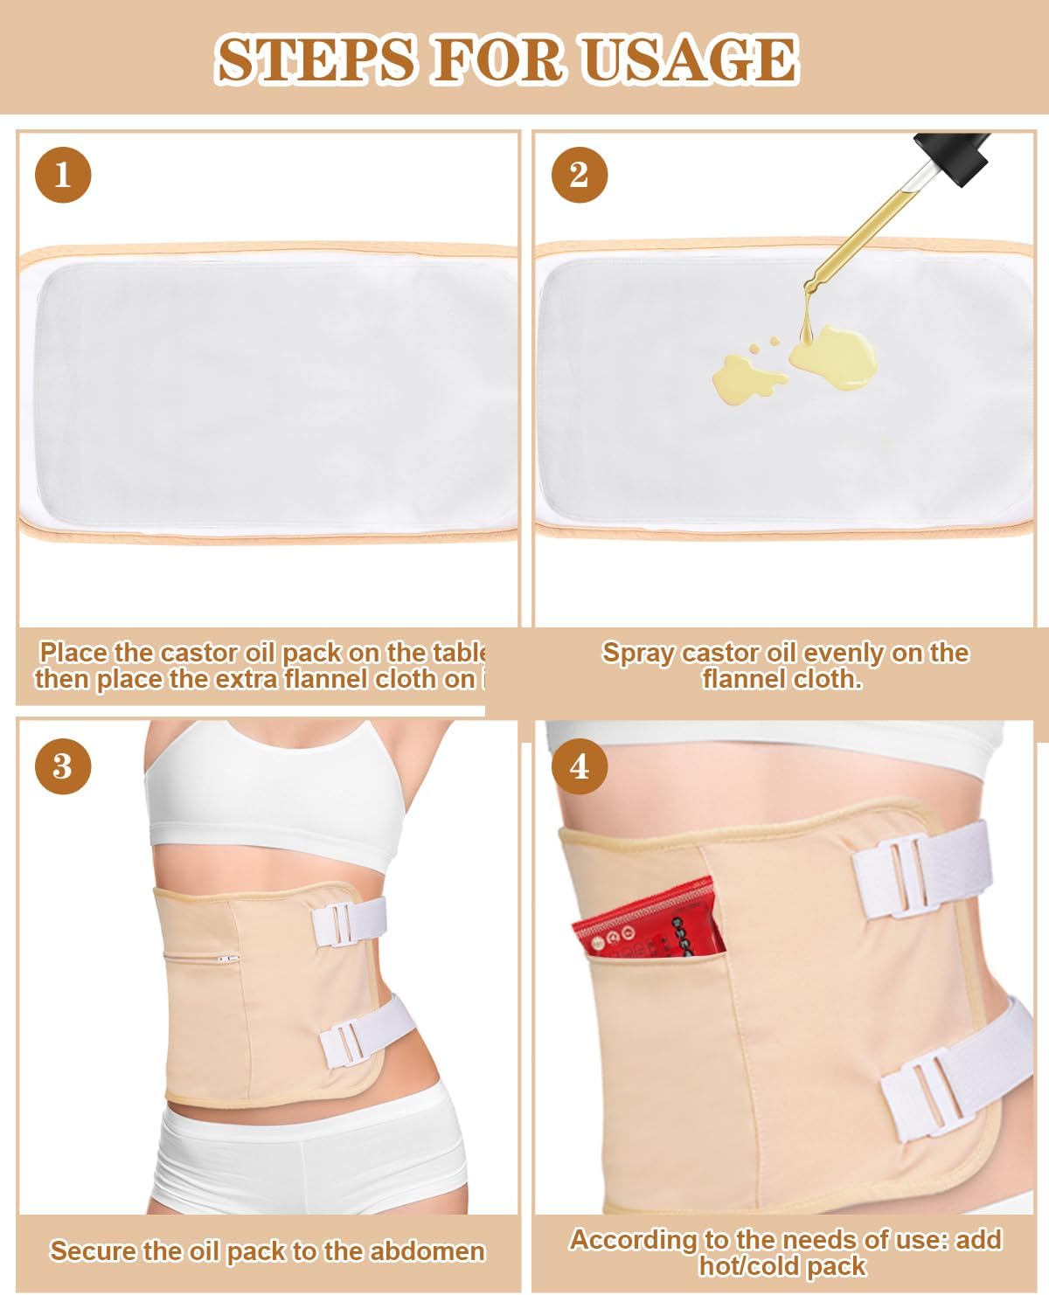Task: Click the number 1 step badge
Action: click(63, 175)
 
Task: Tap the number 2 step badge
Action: click(579, 175)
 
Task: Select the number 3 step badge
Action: click(63, 766)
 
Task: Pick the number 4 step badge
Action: click(579, 766)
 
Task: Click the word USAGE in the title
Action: click(691, 59)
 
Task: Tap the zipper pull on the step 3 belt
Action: click(229, 959)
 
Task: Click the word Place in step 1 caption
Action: click(73, 653)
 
